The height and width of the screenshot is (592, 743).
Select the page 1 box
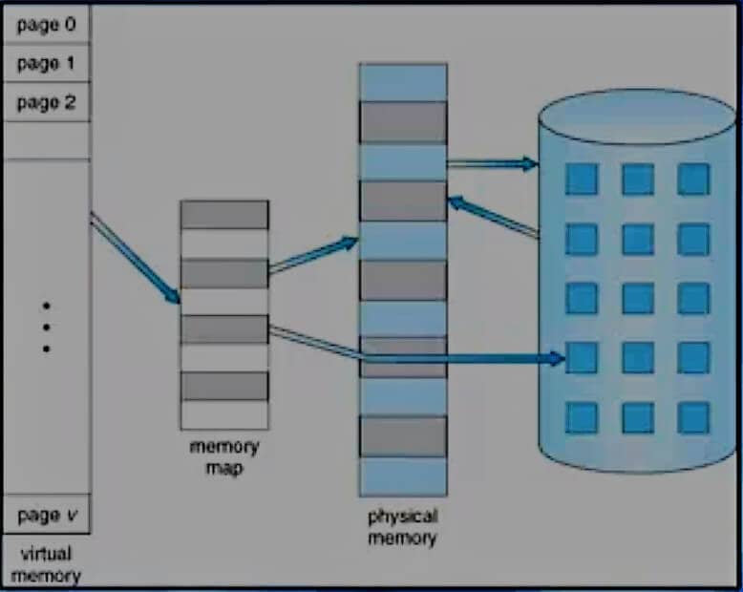(46, 64)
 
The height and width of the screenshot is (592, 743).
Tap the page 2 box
(46, 101)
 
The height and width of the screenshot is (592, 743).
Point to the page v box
(46, 517)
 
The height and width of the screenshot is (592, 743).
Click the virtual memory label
(46, 563)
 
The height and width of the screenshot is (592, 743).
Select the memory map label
(224, 455)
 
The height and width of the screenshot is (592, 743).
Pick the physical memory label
(402, 527)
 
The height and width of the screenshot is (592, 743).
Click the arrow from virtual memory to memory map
(136, 259)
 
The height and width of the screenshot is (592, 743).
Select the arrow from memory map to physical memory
(313, 255)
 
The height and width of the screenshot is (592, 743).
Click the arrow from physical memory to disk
(493, 163)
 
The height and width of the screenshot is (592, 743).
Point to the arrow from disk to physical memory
(493, 217)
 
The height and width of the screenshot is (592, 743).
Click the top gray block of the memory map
(224, 215)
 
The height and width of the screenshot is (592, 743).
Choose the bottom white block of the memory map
(224, 414)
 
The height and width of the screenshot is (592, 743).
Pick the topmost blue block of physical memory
(402, 81)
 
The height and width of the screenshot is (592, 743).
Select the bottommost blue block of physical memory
(402, 476)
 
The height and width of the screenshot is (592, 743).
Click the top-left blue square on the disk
(581, 179)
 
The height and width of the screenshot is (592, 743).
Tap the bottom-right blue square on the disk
(693, 417)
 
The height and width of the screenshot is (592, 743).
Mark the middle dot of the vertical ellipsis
(46, 327)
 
